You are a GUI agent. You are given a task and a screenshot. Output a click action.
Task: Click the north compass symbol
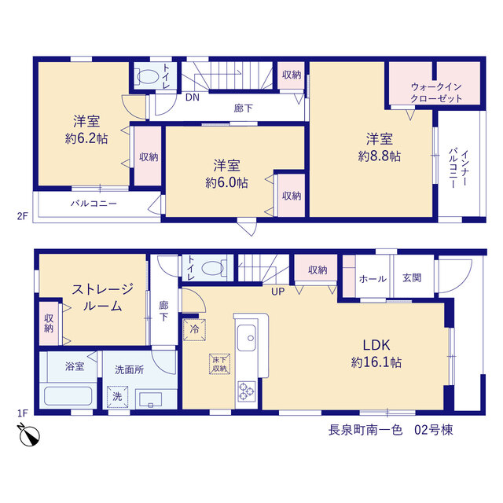pyautogui.click(x=29, y=435)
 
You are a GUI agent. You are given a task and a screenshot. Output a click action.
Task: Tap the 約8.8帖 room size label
pyautogui.click(x=379, y=156)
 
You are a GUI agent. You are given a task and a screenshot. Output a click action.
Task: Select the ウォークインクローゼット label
pyautogui.click(x=436, y=93)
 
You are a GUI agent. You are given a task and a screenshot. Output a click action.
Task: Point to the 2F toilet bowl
pyautogui.click(x=148, y=77)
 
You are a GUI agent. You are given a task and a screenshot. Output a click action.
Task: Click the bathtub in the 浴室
pyautogui.click(x=68, y=396)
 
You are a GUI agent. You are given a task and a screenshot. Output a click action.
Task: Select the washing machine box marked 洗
pyautogui.click(x=117, y=396)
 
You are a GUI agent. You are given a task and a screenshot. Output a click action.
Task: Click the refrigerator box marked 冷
pyautogui.click(x=194, y=329)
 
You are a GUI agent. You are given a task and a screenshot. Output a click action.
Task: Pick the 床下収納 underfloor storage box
pyautogui.click(x=220, y=364)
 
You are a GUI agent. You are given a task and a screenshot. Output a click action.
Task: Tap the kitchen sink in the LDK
pyautogui.click(x=247, y=337)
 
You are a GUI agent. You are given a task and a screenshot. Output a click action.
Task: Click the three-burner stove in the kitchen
pyautogui.click(x=247, y=391)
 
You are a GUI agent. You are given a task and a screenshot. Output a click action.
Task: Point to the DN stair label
pyautogui.click(x=193, y=97)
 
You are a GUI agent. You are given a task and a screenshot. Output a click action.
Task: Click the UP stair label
pyautogui.click(x=277, y=292)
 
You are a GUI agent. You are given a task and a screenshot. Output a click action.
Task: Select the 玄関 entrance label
pyautogui.click(x=412, y=277)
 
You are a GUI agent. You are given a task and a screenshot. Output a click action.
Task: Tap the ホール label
pyautogui.click(x=373, y=279)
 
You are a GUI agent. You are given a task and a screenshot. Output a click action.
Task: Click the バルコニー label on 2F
pyautogui.click(x=94, y=204)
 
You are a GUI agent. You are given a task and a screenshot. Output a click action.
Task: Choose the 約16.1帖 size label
pyautogui.click(x=376, y=362)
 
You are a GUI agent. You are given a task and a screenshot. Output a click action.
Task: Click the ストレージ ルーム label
pyautogui.click(x=102, y=297)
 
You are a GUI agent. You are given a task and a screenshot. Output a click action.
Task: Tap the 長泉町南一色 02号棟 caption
pyautogui.click(x=391, y=430)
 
